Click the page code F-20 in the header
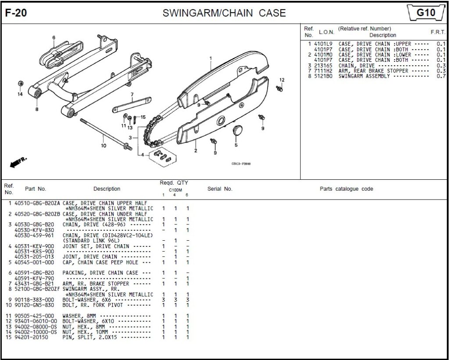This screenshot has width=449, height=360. (16, 13)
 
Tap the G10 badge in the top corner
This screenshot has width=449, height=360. (425, 13)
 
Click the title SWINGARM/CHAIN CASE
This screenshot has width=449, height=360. (224, 13)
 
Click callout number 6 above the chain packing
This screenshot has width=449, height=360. (53, 38)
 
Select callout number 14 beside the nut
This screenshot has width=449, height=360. (20, 94)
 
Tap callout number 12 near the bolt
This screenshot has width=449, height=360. (282, 80)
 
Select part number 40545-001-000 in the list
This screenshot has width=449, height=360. (34, 262)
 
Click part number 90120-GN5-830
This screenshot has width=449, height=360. (34, 305)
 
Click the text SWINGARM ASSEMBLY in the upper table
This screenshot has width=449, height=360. (363, 76)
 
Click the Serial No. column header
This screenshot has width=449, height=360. (220, 189)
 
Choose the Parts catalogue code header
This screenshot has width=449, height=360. (346, 189)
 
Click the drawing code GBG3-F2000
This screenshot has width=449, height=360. (241, 164)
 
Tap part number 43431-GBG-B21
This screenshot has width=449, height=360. (34, 283)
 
